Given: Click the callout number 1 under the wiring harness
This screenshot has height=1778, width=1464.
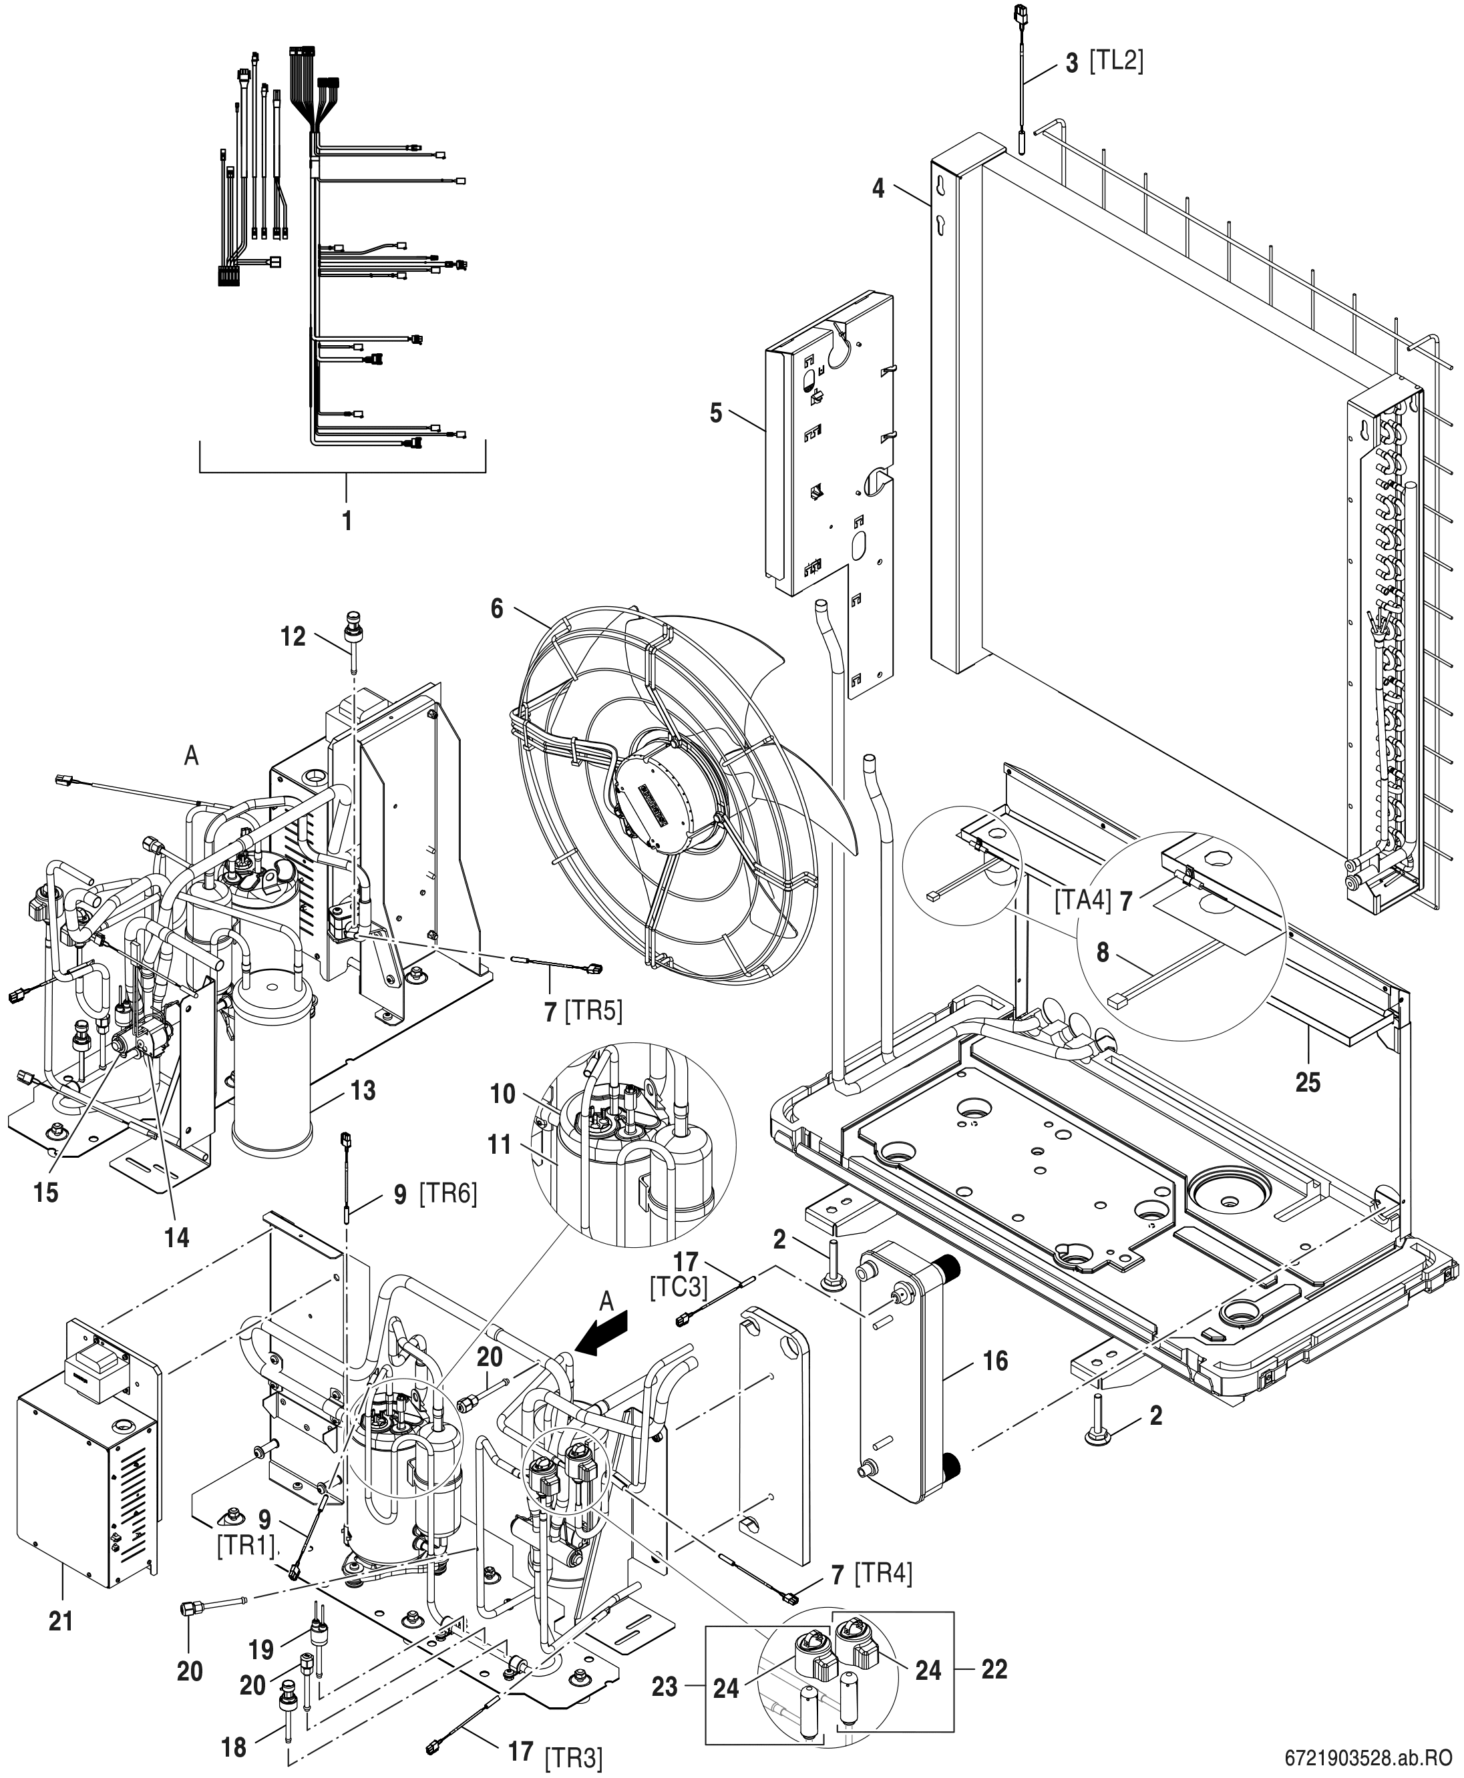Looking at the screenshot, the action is coord(347,519).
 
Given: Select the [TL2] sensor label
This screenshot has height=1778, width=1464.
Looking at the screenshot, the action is coord(1117,61).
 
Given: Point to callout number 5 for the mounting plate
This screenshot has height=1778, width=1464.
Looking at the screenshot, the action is coord(716,415).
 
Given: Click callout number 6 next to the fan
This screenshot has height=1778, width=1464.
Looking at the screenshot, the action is coord(497,607).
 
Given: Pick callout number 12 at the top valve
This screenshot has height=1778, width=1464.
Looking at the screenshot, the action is coord(293,636).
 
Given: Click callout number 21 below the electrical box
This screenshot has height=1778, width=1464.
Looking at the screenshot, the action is coord(61,1620).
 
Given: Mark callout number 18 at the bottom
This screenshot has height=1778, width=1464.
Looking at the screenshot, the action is coord(234,1740).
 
